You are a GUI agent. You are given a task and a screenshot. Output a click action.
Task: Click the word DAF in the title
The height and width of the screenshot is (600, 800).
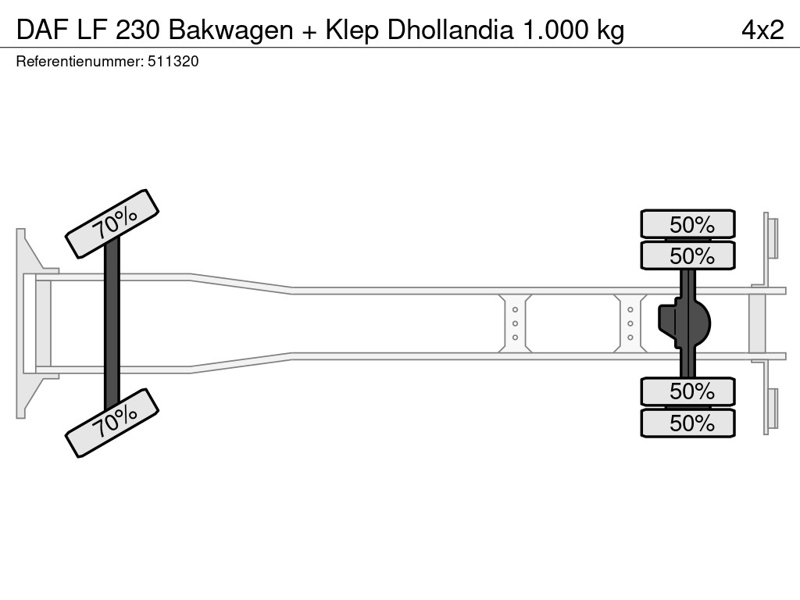42,30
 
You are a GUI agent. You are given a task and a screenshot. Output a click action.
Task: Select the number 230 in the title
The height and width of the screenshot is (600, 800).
137,30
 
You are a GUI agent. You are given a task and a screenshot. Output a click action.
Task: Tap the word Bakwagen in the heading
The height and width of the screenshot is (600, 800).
230,31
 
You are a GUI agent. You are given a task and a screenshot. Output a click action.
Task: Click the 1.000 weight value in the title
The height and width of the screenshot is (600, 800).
554,30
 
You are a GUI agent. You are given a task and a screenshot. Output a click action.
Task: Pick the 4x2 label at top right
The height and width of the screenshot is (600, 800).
762,30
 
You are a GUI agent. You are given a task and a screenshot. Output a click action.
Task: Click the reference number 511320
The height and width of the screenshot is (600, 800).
173,62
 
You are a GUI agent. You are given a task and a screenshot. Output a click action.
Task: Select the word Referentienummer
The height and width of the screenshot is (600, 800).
79,62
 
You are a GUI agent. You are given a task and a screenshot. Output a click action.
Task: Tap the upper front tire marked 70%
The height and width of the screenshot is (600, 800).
112,224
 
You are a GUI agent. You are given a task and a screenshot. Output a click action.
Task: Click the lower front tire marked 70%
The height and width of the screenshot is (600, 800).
112,423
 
